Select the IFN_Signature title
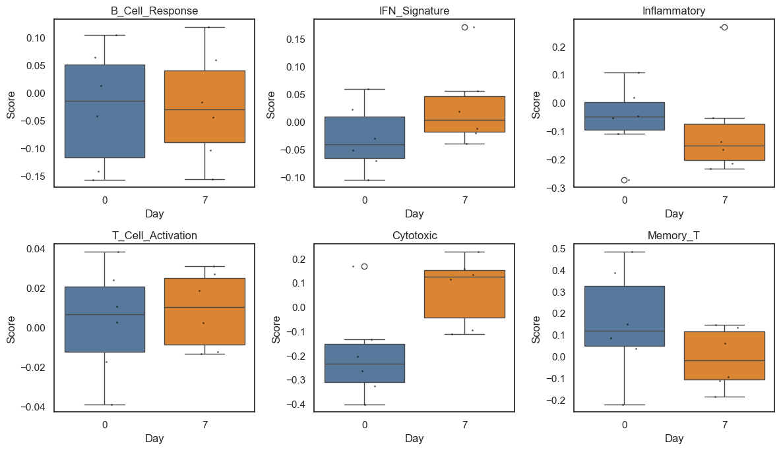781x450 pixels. pyautogui.click(x=414, y=11)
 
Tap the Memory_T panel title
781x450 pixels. pyautogui.click(x=673, y=235)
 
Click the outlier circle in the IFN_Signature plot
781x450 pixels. pyautogui.click(x=465, y=27)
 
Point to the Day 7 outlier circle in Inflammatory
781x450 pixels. pyautogui.click(x=724, y=27)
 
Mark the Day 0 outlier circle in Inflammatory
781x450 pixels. pyautogui.click(x=624, y=180)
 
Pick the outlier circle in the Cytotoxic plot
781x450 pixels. pyautogui.click(x=364, y=266)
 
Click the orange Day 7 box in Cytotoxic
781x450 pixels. pyautogui.click(x=464, y=294)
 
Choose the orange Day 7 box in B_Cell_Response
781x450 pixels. pyautogui.click(x=204, y=106)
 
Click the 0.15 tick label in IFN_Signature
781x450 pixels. pyautogui.click(x=295, y=39)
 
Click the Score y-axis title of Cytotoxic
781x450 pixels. pyautogui.click(x=276, y=329)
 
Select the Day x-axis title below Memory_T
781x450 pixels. pyautogui.click(x=673, y=438)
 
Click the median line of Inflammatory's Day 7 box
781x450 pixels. pyautogui.click(x=724, y=146)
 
